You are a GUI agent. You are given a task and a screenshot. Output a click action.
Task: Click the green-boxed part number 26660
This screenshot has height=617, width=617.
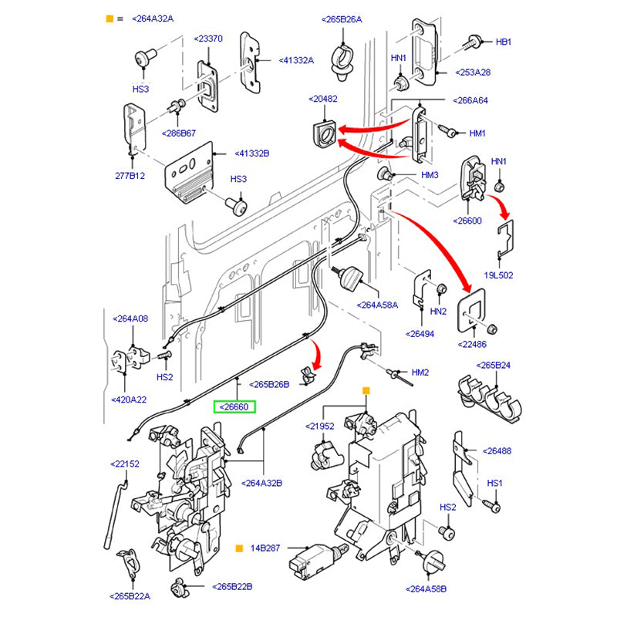pyautogui.click(x=235, y=406)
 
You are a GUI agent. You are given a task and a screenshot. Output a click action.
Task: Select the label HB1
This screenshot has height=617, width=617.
pyautogui.click(x=503, y=42)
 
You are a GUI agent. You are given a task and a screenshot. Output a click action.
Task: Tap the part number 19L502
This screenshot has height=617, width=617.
pyautogui.click(x=498, y=275)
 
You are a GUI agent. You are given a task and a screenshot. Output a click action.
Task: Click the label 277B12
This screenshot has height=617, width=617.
pyautogui.click(x=130, y=176)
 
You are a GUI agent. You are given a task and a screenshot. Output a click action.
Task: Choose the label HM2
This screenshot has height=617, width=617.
pyautogui.click(x=420, y=373)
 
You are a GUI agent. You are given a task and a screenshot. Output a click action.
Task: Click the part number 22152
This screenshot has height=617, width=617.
pyautogui.click(x=125, y=464)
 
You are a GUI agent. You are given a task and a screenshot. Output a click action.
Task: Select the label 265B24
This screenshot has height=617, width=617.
pyautogui.click(x=494, y=365)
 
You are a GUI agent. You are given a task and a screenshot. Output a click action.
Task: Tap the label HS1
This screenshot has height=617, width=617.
pyautogui.click(x=494, y=483)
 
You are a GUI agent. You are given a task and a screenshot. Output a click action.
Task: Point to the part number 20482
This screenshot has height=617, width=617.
pyautogui.click(x=323, y=99)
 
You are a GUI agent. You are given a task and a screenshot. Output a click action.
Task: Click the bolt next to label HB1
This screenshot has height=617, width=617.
pyautogui.click(x=473, y=42)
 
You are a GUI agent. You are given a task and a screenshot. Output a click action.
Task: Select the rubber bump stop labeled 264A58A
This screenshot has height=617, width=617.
pyautogui.click(x=352, y=275)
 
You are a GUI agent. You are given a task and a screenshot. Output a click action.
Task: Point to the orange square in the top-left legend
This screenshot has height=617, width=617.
pyautogui.click(x=109, y=18)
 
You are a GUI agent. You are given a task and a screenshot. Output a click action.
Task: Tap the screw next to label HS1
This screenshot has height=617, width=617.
pyautogui.click(x=494, y=505)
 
